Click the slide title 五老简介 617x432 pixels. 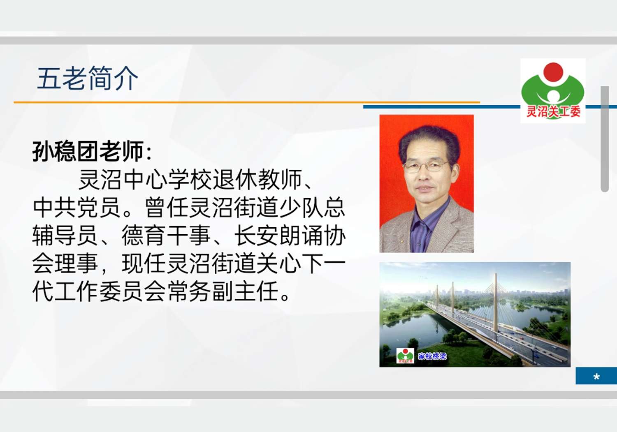[x=88, y=78]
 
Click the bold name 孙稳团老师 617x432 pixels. [x=88, y=151]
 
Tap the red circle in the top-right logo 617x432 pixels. [x=553, y=72]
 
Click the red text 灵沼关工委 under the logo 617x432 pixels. [x=553, y=111]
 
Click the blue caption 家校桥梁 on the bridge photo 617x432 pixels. [x=432, y=356]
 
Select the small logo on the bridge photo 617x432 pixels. [x=405, y=356]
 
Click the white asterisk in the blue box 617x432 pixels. [x=596, y=377]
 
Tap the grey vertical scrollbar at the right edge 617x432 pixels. [x=605, y=139]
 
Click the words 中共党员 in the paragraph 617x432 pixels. [x=77, y=208]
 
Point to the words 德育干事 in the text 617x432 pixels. [x=165, y=236]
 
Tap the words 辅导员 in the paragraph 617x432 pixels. [x=65, y=236]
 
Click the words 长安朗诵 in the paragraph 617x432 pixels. [x=279, y=236]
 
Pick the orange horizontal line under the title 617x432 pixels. [x=247, y=102]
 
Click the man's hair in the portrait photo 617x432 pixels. [x=429, y=141]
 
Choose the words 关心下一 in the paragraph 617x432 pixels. [x=301, y=263]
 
